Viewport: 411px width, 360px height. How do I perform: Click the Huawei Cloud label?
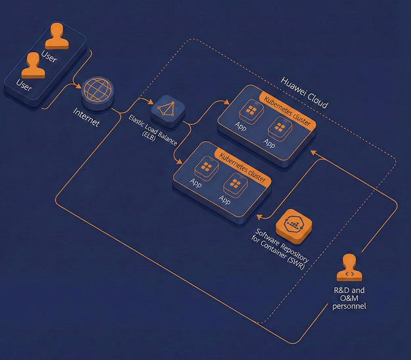coord(304,92)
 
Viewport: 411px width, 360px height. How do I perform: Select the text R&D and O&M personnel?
coord(349,298)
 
